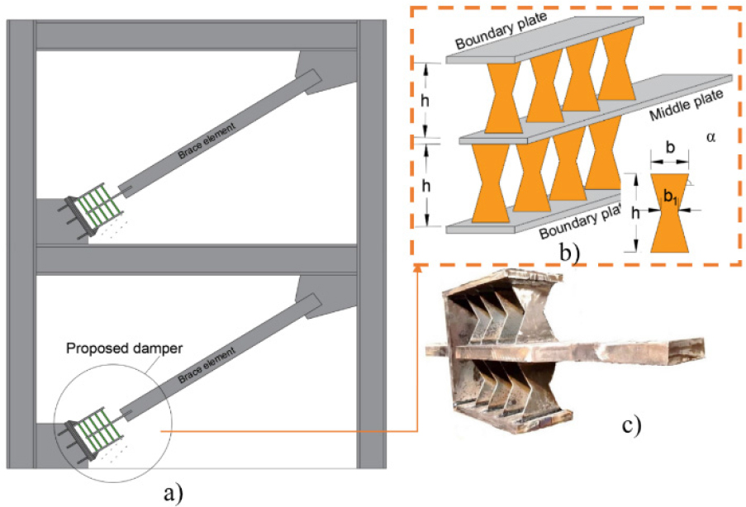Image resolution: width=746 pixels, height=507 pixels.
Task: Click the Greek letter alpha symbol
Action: [710, 138]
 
